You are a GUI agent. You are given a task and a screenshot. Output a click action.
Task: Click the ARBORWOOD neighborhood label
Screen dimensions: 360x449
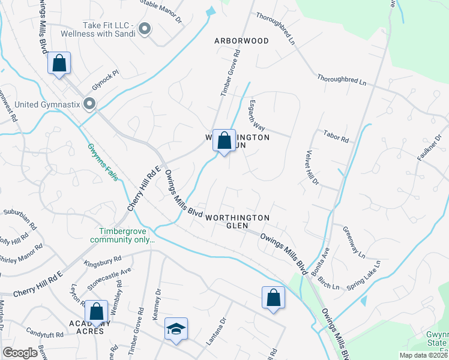[x=242, y=41]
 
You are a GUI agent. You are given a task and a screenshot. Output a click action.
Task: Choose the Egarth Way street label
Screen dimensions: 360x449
[x=256, y=115]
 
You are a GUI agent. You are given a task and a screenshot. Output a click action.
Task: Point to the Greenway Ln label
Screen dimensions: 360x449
[x=354, y=242]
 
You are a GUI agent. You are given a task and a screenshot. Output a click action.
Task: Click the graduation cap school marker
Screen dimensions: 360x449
[x=176, y=329]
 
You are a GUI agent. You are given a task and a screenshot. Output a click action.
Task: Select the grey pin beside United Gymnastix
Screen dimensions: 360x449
[x=90, y=104]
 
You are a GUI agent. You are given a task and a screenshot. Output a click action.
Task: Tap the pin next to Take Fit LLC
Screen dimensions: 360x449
[x=145, y=28]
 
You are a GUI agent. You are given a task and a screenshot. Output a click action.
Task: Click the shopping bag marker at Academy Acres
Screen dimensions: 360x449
[x=96, y=311]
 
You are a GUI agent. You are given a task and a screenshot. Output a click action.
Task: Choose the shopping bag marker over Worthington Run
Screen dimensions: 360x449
[x=224, y=141]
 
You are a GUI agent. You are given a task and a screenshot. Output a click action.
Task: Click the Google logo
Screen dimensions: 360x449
[x=20, y=353]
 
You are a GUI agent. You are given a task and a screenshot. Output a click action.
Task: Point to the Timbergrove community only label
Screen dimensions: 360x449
[x=122, y=235]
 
